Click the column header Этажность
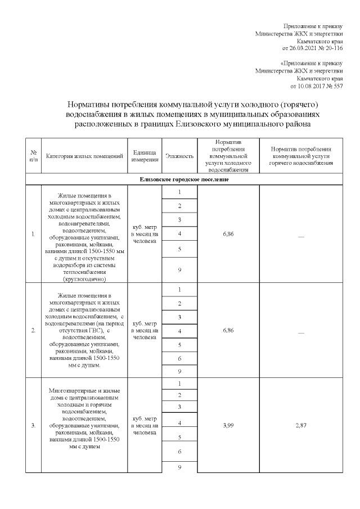click(x=179, y=156)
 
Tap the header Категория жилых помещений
click(x=84, y=156)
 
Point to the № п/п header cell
click(x=33, y=156)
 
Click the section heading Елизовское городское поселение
click(x=184, y=179)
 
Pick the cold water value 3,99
click(x=228, y=425)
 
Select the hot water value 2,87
click(x=301, y=425)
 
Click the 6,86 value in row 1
click(x=228, y=232)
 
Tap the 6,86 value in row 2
click(x=228, y=330)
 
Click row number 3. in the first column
click(x=33, y=425)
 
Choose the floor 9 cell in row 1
click(x=179, y=270)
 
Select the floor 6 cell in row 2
click(x=179, y=358)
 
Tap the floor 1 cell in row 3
click(x=179, y=384)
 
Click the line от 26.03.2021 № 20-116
click(x=315, y=48)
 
